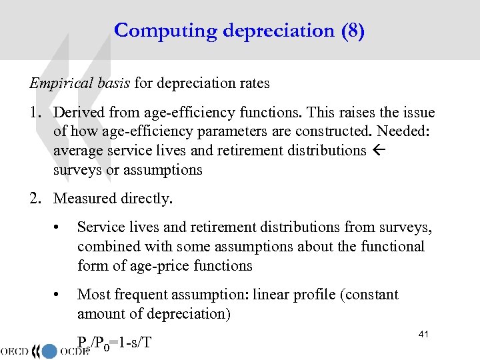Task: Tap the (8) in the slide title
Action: (352, 31)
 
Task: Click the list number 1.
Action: (35, 113)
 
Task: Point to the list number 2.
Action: (35, 198)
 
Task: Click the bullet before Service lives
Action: (59, 228)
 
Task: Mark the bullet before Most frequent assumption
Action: (59, 295)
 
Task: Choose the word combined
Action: (107, 247)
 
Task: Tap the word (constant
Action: (370, 295)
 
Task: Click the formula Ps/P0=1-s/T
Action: (114, 343)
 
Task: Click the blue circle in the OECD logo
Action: (49, 351)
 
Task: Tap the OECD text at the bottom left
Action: (19, 351)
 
